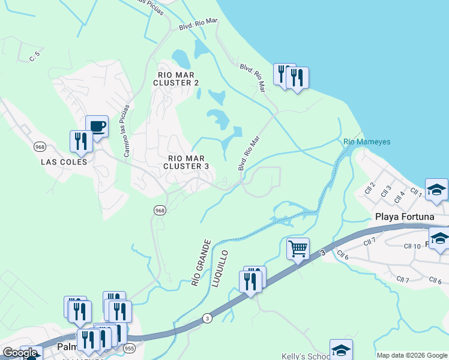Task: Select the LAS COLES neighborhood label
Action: pos(64,162)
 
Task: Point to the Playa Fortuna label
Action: pos(402,217)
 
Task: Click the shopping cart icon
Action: pos(298,248)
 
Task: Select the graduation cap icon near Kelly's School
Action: pos(341,350)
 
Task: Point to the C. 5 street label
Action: pos(34,57)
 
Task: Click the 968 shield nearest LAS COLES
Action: pos(40,146)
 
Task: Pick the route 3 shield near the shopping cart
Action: pos(322,254)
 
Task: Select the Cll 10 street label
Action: pos(412,247)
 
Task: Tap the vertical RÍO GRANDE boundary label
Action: pos(200,262)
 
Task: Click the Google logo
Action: pos(20,353)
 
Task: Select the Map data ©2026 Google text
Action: pos(411,355)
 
